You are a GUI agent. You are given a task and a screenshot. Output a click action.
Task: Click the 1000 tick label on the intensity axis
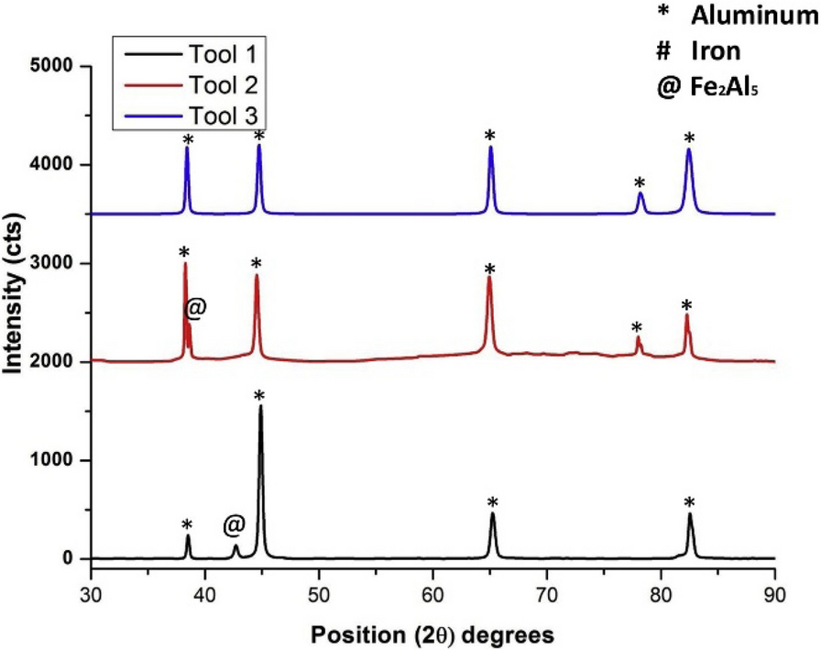point(55,460)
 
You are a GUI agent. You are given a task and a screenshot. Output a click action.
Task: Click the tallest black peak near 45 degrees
point(260,408)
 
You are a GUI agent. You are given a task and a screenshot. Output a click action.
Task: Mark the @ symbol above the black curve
point(234,524)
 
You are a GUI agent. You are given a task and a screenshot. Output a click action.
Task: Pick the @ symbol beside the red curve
point(195,308)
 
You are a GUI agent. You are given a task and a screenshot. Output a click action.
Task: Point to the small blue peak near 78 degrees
point(640,194)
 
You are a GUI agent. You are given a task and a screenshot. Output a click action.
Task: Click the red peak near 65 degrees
point(489,279)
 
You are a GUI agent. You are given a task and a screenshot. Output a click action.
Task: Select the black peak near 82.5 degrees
point(690,516)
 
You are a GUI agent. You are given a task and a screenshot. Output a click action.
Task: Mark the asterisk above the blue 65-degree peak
point(490,136)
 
